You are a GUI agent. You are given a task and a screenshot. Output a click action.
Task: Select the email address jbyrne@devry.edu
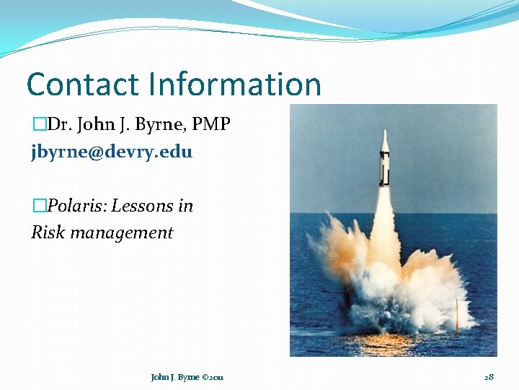(x=112, y=152)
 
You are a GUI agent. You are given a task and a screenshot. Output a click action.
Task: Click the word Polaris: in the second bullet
(x=75, y=206)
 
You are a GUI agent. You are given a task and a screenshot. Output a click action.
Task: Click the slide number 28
(x=489, y=377)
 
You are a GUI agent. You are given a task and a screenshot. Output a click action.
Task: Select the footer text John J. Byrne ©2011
(x=187, y=377)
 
